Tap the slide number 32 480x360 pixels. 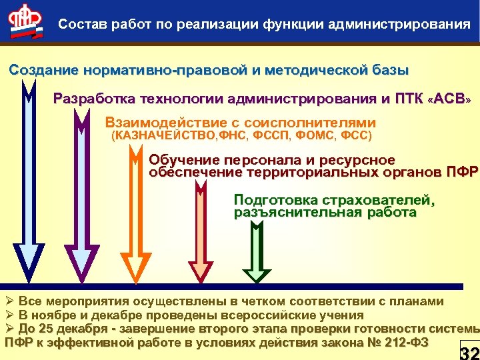pyautogui.click(x=469, y=352)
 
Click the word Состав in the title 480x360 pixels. pyautogui.click(x=79, y=25)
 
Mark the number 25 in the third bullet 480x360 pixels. pyautogui.click(x=47, y=329)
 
